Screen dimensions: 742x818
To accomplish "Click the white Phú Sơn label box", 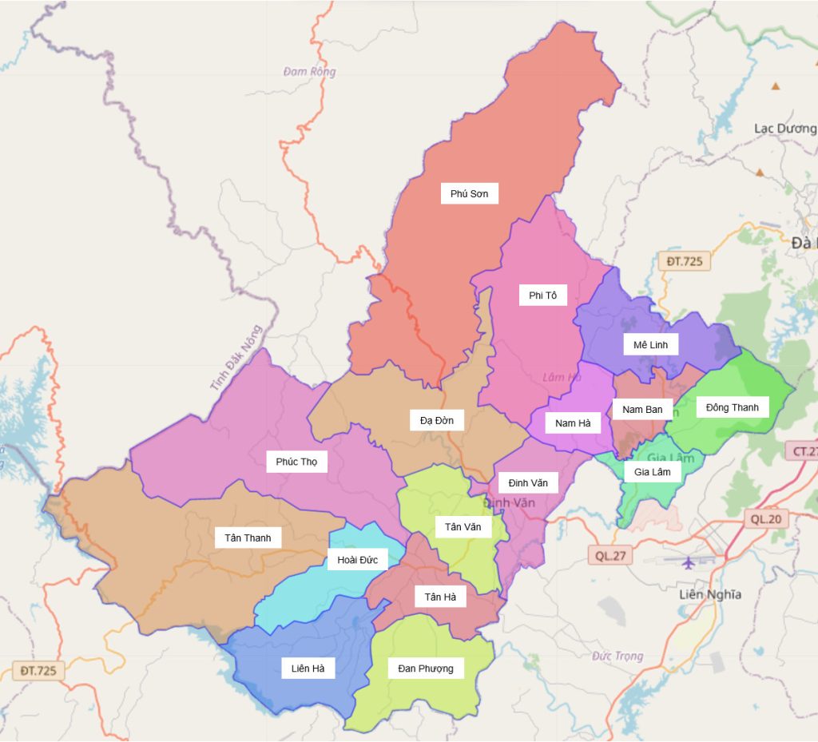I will click(x=469, y=193).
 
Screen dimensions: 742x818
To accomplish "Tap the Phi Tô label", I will click(x=542, y=296).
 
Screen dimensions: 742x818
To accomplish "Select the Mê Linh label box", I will click(x=650, y=344).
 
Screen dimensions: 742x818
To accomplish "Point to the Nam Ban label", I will click(x=642, y=410).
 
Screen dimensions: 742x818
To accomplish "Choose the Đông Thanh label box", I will click(x=732, y=407).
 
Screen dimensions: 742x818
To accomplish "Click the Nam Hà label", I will click(x=573, y=423).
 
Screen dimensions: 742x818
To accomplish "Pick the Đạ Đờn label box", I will click(x=436, y=420).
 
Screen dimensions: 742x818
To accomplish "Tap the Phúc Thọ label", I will click(x=296, y=462).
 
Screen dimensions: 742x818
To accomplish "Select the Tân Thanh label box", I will click(x=248, y=538).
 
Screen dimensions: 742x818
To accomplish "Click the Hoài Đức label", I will click(x=357, y=559).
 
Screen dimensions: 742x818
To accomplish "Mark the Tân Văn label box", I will click(x=463, y=526).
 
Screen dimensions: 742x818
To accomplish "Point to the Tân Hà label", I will click(x=440, y=597).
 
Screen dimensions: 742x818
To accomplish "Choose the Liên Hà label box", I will click(x=308, y=669).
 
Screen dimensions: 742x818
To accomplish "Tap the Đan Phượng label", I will click(x=425, y=669).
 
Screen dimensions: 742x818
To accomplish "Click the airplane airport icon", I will click(x=688, y=562).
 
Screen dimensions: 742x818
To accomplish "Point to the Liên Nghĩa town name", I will click(x=709, y=594).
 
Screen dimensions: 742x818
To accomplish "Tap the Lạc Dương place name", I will click(x=784, y=128).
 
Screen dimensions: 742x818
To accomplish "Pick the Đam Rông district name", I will click(x=309, y=72).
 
